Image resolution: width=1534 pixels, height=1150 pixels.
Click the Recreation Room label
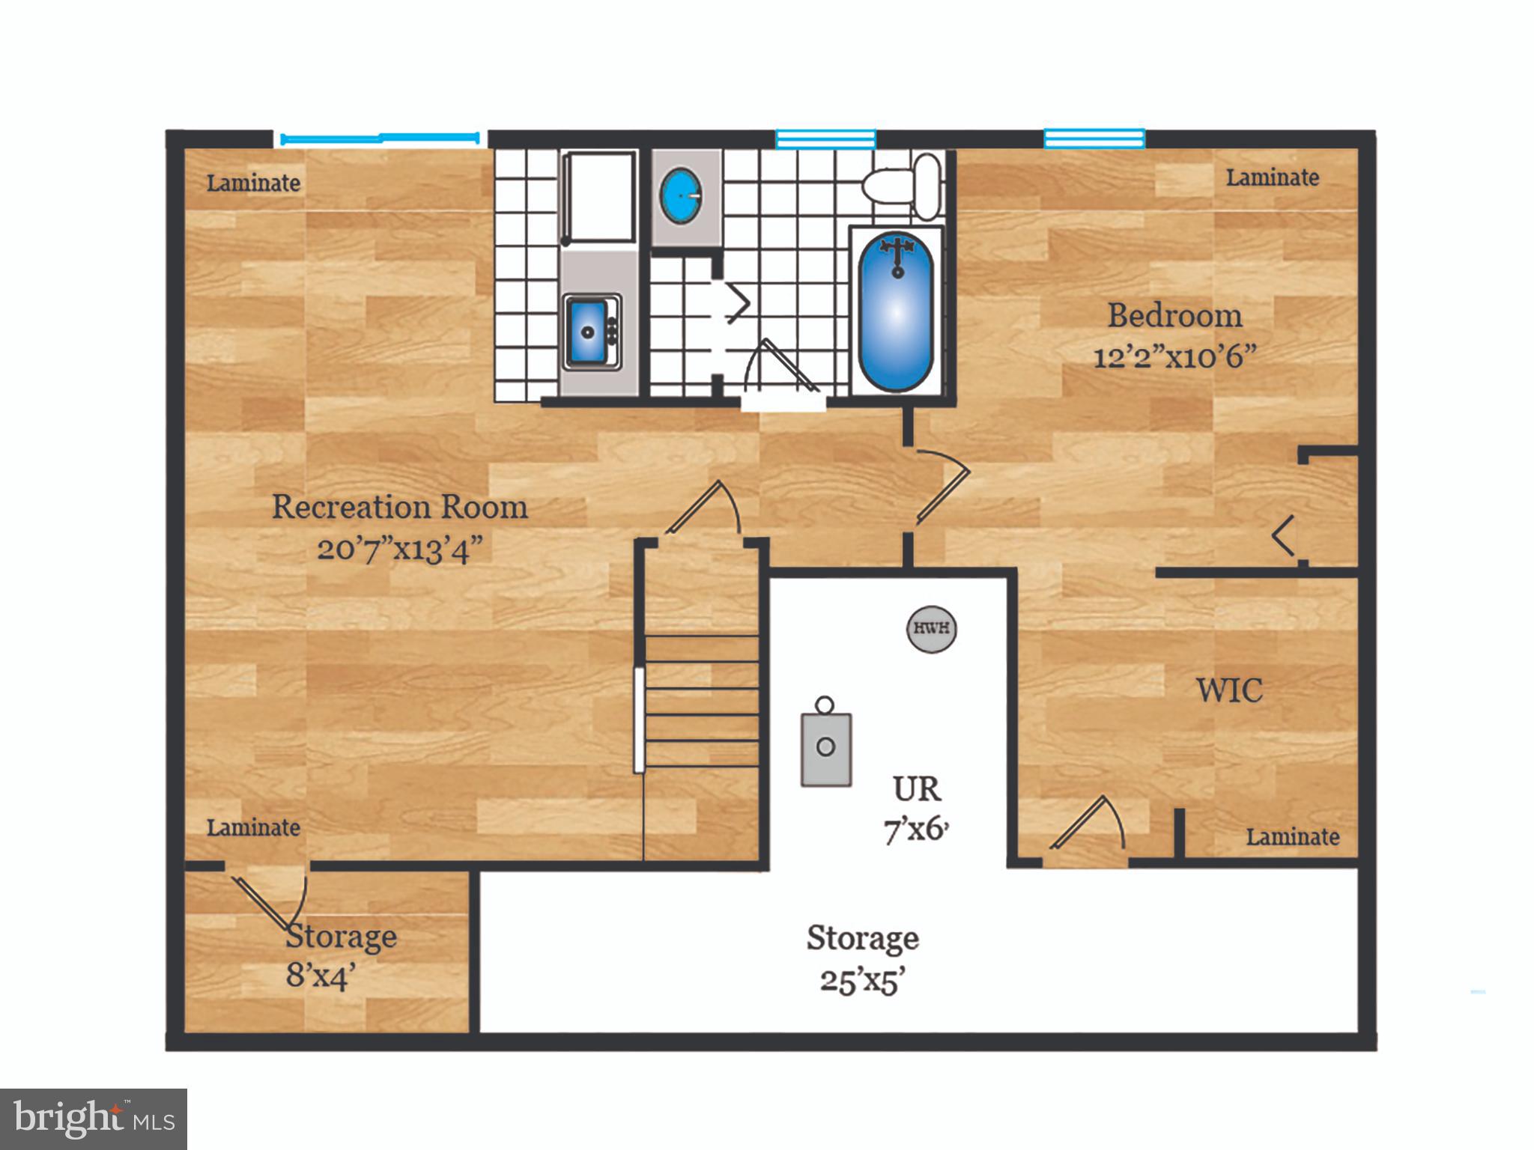[x=399, y=507]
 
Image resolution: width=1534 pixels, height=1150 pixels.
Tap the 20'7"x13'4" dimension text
[x=399, y=550]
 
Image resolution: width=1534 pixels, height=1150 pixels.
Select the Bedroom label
[x=1174, y=315]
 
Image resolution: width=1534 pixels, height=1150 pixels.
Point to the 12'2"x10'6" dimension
[x=1174, y=356]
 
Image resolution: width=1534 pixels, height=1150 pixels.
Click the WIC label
[x=1229, y=690]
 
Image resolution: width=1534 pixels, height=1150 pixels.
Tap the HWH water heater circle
[x=932, y=627]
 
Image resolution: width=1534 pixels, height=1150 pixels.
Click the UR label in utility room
[x=916, y=789]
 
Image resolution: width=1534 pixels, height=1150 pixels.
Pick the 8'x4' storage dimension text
[x=320, y=976]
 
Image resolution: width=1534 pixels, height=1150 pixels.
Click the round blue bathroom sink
[x=681, y=195]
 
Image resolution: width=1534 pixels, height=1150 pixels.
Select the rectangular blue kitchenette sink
[x=588, y=330]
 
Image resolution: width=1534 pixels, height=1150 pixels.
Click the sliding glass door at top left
[x=380, y=138]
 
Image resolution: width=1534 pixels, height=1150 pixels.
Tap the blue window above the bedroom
[x=1094, y=139]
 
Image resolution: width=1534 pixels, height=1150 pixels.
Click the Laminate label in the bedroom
[x=1272, y=178]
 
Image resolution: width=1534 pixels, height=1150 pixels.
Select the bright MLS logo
[x=93, y=1119]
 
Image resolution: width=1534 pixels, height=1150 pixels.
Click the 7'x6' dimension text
[x=916, y=830]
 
